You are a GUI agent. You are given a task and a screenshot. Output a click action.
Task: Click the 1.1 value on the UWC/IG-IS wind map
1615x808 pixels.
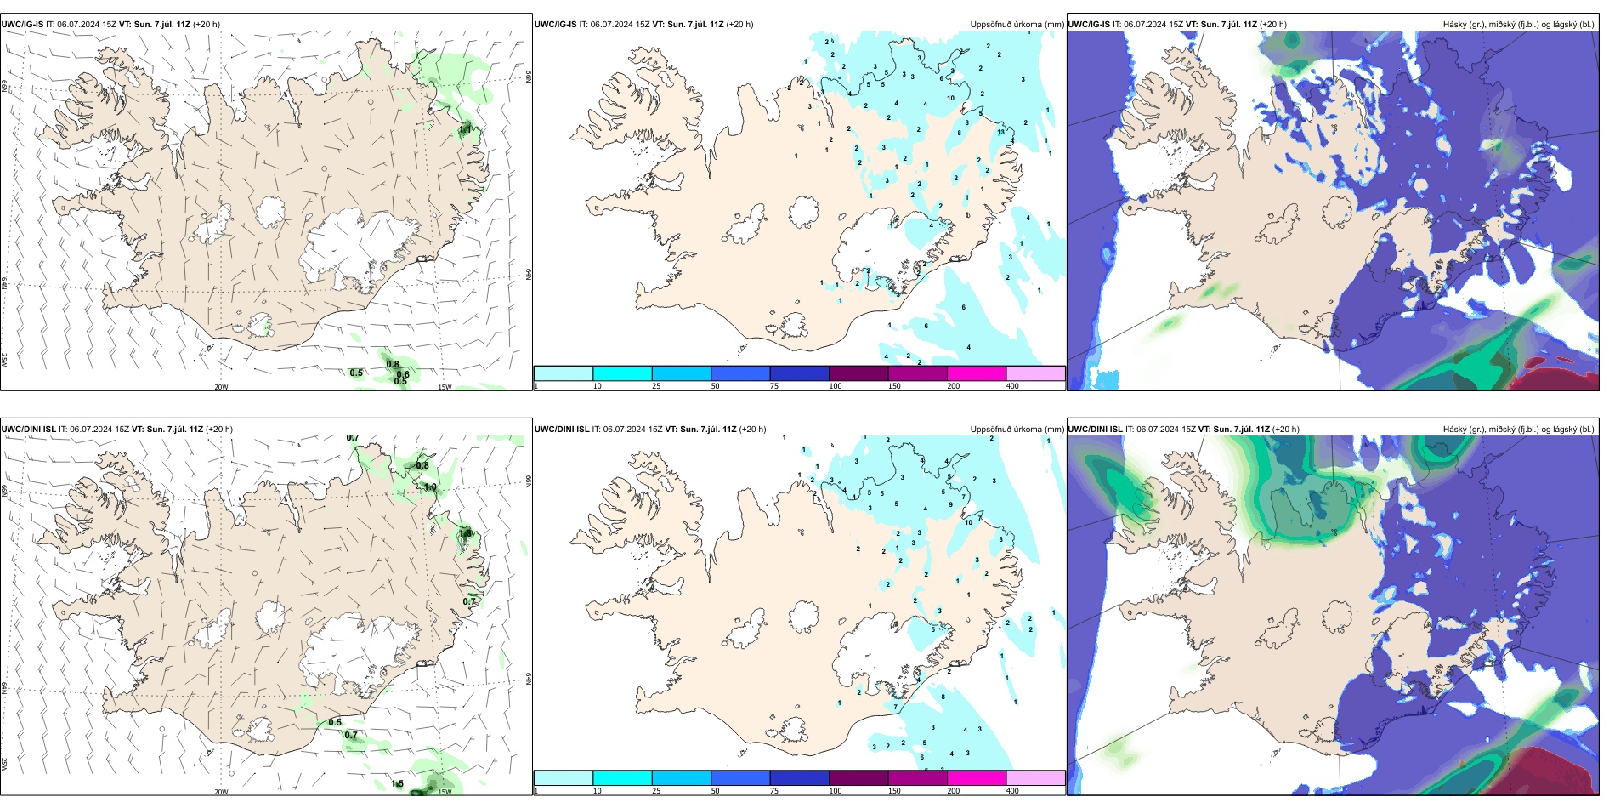465,129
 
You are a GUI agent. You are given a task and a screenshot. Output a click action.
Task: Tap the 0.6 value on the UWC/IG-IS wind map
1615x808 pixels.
403,374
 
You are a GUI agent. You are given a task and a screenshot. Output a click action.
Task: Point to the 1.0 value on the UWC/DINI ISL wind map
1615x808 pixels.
430,487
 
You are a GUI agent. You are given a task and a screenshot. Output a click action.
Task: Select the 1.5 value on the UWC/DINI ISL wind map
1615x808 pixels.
397,783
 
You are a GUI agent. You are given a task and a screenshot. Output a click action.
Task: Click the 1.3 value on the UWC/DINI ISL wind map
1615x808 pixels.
465,533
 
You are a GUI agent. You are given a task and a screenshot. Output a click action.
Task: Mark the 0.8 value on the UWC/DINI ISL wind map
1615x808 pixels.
422,465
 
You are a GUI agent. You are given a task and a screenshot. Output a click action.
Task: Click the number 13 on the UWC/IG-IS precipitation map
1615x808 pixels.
1001,132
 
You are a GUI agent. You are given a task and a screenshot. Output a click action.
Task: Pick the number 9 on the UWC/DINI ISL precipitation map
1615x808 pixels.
951,504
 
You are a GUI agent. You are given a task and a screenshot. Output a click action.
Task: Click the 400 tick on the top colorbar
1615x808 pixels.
1012,386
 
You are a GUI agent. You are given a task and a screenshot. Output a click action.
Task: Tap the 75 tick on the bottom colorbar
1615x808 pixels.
774,791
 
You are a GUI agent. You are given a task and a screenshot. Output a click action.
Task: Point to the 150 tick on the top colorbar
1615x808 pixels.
894,386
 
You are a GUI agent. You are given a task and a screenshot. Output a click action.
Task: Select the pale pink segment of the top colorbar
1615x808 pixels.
1035,373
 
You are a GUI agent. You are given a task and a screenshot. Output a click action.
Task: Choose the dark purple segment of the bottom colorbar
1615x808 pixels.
858,778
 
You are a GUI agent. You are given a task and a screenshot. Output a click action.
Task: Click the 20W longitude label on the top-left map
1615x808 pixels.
221,387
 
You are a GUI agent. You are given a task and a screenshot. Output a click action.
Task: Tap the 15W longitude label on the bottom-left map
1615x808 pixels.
445,792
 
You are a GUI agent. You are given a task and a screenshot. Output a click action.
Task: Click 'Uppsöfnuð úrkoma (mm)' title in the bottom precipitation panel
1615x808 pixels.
1017,430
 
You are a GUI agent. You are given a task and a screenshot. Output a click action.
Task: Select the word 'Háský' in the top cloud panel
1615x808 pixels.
1455,25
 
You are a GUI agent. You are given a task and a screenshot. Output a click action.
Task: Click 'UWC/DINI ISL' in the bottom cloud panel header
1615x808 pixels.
1096,430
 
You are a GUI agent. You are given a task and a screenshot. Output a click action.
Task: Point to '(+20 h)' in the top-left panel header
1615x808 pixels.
207,25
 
